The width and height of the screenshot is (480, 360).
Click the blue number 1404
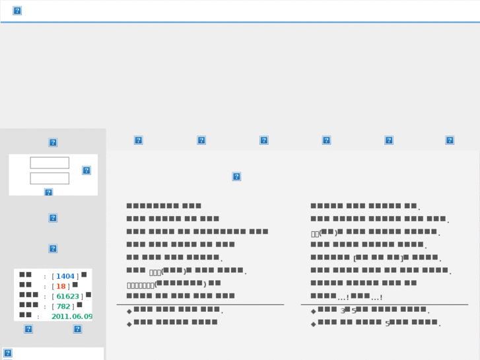coord(65,277)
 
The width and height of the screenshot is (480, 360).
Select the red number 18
coord(61,287)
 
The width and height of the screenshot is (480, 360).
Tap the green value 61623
coord(67,297)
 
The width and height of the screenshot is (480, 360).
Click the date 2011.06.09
coord(72,317)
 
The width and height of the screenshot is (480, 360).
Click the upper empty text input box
coord(50,162)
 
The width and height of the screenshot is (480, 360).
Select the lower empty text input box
coord(50,178)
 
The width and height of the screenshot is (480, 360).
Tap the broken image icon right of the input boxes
coord(86,170)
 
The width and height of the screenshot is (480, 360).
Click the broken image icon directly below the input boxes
coord(48,192)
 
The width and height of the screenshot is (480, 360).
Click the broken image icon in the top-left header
coord(17,11)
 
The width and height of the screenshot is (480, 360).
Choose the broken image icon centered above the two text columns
coord(236,176)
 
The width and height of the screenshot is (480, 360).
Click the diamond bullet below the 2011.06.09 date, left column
coord(129,324)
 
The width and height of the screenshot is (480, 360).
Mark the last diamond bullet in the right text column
coord(313,324)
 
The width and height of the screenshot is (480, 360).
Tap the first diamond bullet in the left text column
coord(129,310)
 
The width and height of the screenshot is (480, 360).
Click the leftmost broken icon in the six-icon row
coord(138,140)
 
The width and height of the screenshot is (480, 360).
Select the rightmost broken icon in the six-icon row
coord(450,140)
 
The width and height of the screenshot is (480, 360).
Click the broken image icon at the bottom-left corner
coord(8,353)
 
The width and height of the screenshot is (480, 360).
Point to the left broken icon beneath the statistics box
coord(28,329)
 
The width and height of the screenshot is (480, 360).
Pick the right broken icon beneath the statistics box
coord(77,329)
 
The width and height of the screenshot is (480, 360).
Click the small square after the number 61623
coord(88,295)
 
